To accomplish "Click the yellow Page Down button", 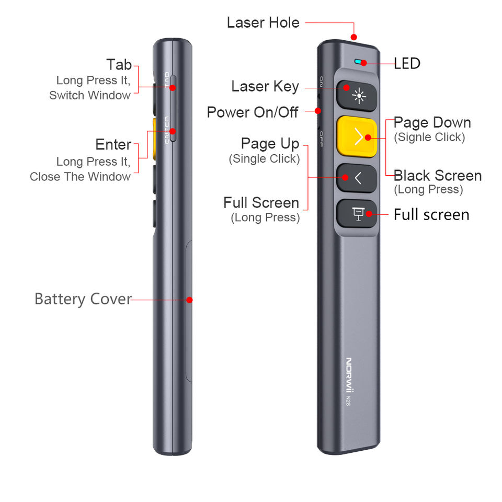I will tap(357, 136).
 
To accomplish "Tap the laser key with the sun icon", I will tap(357, 95).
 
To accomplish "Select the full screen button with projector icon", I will tap(357, 213).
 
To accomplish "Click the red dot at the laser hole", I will tap(354, 37).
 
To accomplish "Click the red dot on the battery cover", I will tap(190, 300).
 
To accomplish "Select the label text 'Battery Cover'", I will tap(83, 299).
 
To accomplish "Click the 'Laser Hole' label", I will tap(263, 22).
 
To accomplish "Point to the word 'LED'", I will tap(407, 64).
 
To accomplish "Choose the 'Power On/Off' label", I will tap(253, 112).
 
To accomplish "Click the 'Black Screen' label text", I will tap(437, 175).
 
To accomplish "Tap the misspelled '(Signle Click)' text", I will tap(429, 137).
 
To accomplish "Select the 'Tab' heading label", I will tap(119, 65).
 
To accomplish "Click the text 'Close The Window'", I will tap(80, 177).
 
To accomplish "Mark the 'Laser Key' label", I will tap(265, 86).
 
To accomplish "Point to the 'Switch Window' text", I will tap(90, 95).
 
